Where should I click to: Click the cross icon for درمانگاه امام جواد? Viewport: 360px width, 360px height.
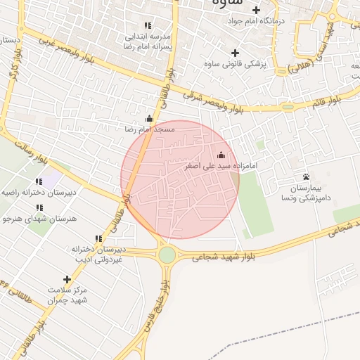tap(257, 10)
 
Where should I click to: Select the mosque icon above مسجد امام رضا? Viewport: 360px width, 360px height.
tap(148, 119)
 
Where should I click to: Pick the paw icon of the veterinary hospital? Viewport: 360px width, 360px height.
tap(306, 176)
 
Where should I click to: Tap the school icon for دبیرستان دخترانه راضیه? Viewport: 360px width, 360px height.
tap(38, 181)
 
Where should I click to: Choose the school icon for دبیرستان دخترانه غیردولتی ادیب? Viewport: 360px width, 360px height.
tap(98, 239)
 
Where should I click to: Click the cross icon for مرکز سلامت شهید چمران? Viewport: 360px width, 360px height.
tap(67, 279)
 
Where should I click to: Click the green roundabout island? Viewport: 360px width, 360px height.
tap(167, 255)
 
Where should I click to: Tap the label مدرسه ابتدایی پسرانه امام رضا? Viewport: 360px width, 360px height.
tap(148, 39)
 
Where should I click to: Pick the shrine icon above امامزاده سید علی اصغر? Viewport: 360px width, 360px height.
tap(221, 155)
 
